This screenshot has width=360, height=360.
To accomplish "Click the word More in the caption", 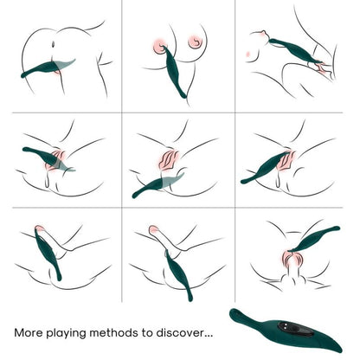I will (32, 331).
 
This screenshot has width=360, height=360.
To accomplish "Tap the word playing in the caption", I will (74, 332).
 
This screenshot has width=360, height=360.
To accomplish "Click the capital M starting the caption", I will (20, 331).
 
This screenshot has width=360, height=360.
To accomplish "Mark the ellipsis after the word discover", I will (215, 334).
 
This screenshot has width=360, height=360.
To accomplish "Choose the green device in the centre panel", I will (156, 183).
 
